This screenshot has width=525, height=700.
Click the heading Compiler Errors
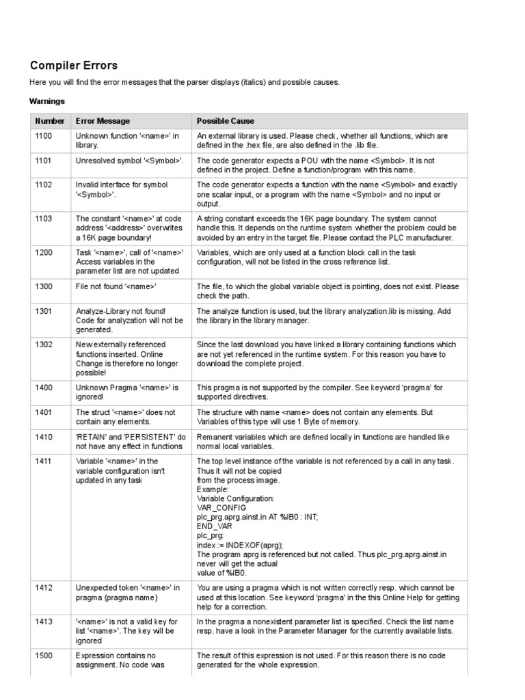point(74,66)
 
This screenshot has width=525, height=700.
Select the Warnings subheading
point(47,101)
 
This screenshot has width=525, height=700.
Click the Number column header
point(50,121)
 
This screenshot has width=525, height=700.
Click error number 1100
point(44,136)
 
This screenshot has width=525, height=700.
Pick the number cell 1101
point(44,160)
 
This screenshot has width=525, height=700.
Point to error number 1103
point(44,218)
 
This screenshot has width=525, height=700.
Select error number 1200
point(44,252)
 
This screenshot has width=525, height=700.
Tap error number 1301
point(44,310)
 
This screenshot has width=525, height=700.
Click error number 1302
point(44,345)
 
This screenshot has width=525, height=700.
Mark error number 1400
point(44,388)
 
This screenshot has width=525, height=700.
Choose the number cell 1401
point(44,412)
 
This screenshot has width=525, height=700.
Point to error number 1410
point(44,436)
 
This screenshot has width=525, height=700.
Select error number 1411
point(44,461)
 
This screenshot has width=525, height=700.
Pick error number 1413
point(44,621)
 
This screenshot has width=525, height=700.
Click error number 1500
point(44,655)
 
